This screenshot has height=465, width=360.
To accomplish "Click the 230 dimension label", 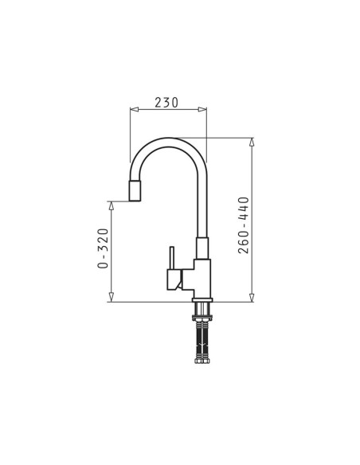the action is [166, 102].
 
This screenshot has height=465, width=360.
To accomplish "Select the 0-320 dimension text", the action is [103, 248].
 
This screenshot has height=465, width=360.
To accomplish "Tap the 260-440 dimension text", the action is [244, 225].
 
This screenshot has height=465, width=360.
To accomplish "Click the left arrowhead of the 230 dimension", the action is [135, 109].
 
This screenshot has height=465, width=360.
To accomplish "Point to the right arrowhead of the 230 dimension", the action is [202, 109].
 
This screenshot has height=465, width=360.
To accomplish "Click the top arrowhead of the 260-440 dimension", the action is [252, 142].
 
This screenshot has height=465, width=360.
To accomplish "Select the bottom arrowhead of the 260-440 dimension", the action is [252, 298].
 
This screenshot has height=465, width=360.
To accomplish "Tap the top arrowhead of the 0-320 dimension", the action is [112, 205].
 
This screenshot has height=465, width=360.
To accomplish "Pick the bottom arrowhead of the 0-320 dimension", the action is [112, 298].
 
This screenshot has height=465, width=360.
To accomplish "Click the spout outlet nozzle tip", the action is [135, 190].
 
